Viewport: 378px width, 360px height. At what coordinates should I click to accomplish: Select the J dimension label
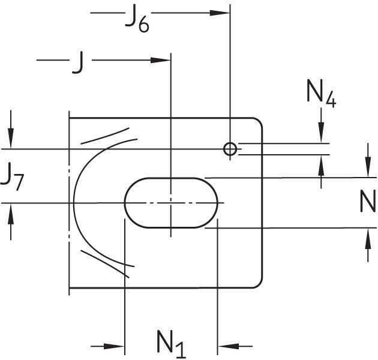(77, 62)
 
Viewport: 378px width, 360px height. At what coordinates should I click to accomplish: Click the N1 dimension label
(171, 343)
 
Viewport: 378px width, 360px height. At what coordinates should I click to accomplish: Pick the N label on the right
(367, 202)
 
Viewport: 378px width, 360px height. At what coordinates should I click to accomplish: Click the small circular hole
(230, 149)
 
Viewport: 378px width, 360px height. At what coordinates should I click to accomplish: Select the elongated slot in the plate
(171, 202)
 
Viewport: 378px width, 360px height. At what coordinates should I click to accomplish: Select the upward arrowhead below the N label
(367, 236)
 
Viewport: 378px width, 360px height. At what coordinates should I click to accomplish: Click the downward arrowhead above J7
(10, 140)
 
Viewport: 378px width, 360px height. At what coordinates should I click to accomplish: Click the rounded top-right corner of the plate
(259, 122)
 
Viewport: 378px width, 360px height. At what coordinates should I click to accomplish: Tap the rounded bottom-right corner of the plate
(259, 284)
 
